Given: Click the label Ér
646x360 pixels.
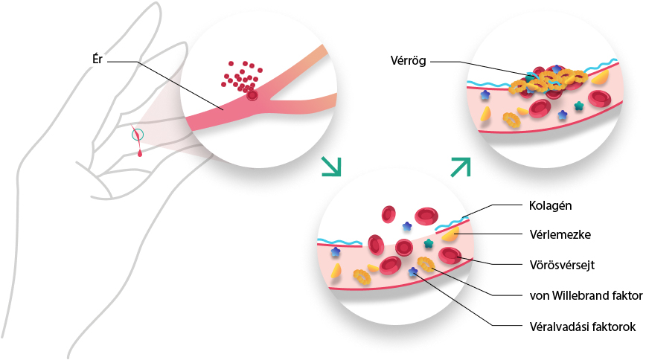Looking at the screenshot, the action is (x=97, y=60).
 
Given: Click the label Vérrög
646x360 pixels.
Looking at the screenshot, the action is (x=408, y=61).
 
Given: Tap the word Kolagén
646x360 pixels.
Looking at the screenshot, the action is (x=550, y=205).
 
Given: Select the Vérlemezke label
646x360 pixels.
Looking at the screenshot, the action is (x=560, y=235).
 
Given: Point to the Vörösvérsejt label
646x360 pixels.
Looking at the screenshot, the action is (x=562, y=265).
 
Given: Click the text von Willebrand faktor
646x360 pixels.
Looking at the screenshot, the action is (x=586, y=295).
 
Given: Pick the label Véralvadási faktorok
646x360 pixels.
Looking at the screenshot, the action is (x=583, y=327).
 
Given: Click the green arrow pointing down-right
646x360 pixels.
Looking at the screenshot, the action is (x=331, y=167).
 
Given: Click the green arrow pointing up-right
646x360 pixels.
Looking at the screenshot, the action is (x=461, y=167).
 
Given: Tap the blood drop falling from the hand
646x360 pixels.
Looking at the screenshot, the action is (x=140, y=154).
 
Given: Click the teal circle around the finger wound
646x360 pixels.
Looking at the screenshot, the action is (x=138, y=135).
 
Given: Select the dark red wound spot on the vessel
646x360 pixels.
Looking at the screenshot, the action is (x=252, y=97).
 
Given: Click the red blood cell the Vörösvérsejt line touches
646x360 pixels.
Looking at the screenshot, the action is (x=450, y=256).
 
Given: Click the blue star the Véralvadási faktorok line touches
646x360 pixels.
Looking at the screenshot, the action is (x=413, y=271).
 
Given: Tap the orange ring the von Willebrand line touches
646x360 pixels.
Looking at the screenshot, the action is (x=426, y=264).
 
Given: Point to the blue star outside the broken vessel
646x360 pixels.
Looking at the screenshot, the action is (x=407, y=225).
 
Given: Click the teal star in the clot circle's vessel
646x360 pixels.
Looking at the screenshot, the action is (x=579, y=106).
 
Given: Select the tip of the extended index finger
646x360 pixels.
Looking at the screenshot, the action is (x=155, y=4).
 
